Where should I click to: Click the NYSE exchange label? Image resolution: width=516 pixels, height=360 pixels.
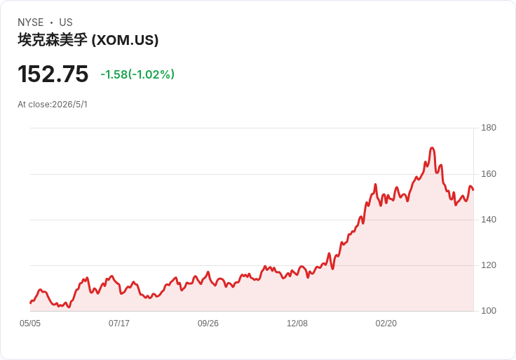31,22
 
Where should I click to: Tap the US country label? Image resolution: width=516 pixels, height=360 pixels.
66,22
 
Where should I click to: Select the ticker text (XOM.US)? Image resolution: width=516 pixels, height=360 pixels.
125,40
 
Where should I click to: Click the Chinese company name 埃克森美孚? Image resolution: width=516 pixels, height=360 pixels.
53,40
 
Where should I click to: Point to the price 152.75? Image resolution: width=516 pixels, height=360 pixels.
53,74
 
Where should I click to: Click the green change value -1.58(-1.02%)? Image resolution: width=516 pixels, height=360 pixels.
137,74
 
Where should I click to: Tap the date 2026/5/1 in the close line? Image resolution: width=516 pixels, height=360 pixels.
70,105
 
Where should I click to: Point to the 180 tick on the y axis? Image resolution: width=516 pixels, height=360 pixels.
489,128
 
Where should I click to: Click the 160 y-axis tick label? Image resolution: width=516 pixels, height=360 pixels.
489,174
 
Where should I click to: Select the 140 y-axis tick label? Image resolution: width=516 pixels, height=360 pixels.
489,220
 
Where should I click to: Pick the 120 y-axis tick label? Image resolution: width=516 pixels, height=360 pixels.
489,265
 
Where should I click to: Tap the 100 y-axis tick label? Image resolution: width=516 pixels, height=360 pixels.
489,311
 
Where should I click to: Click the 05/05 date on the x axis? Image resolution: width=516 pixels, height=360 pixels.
30,324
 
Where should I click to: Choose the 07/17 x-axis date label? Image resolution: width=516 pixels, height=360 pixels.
119,324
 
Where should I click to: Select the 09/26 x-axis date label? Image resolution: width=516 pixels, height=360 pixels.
208,324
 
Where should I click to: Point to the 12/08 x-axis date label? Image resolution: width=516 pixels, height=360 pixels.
297,324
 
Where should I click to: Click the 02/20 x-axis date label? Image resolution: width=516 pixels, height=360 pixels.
386,324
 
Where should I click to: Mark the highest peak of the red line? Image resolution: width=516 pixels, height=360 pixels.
432,148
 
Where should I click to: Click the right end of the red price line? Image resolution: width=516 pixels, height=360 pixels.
473,189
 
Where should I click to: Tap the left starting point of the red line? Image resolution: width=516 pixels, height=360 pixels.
30,302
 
